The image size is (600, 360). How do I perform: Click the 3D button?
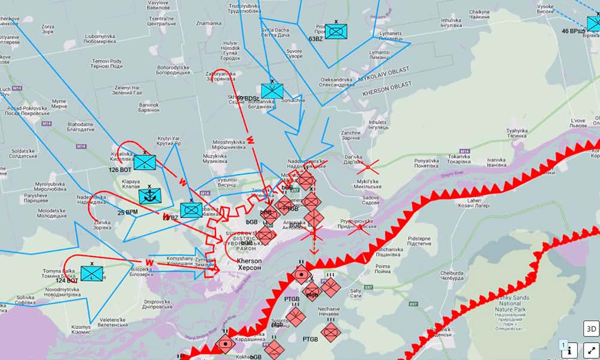[x=591, y=329]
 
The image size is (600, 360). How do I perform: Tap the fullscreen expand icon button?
[x=591, y=349]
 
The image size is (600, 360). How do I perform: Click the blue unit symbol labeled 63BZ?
[x=335, y=31]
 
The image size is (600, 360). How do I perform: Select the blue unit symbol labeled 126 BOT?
[x=145, y=162]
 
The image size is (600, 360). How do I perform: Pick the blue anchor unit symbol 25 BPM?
[x=149, y=196]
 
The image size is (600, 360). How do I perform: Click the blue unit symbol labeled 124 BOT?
[x=92, y=274]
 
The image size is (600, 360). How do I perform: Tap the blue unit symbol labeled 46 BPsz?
[x=592, y=23]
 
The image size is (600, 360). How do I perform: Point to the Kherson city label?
[x=250, y=265]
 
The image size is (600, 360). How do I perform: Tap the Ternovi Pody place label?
[x=107, y=64]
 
